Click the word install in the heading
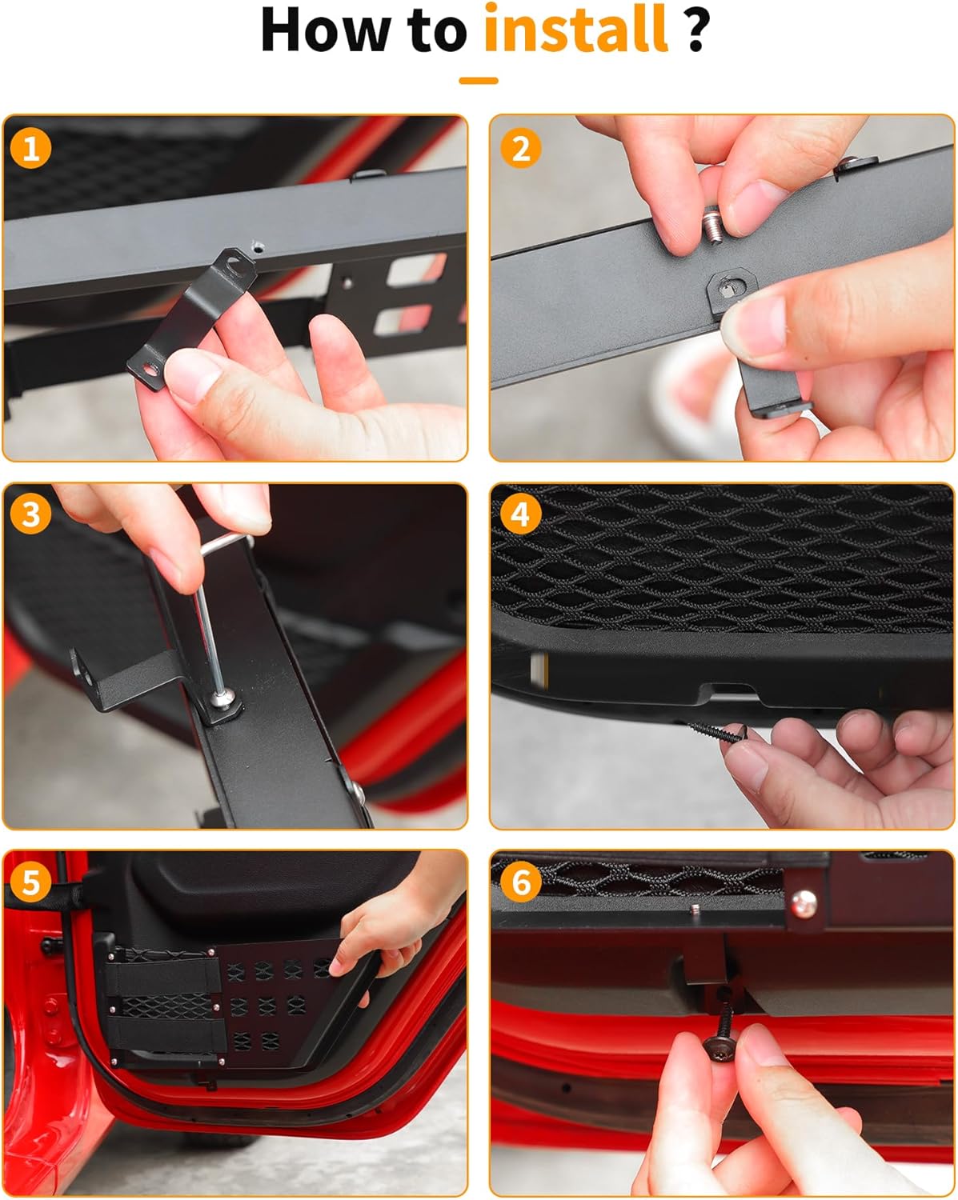click(575, 30)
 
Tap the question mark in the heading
click(696, 30)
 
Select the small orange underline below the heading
click(478, 80)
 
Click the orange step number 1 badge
click(31, 149)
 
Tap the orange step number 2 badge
click(520, 149)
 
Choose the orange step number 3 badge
click(31, 514)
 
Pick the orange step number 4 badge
click(520, 514)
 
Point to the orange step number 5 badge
click(31, 882)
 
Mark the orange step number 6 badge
click(520, 882)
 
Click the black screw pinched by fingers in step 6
click(719, 1040)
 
